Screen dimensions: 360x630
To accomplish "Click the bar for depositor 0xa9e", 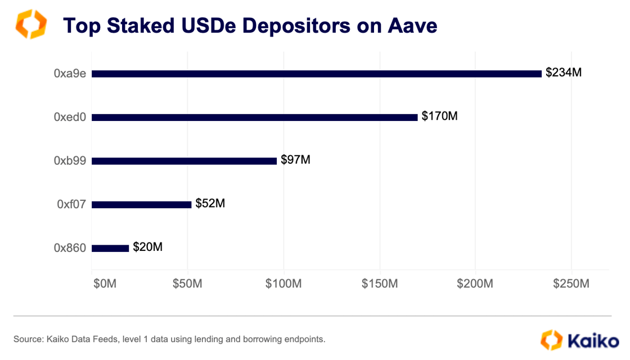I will (316, 74).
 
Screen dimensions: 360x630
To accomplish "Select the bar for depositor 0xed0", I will (254, 118).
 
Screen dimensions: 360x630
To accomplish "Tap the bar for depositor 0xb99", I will (184, 161).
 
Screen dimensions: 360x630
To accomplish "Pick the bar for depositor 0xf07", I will (141, 205).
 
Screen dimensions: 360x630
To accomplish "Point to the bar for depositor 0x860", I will (110, 248).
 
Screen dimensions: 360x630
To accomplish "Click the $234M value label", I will (564, 73).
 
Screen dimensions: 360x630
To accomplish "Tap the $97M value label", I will (295, 160).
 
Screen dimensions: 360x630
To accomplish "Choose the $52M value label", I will (210, 203).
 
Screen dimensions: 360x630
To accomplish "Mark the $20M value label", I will (148, 247).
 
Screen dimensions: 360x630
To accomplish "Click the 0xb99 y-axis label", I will (70, 161).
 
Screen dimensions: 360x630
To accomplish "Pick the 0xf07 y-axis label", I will (71, 204).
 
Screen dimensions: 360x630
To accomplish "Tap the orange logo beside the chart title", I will (31, 25).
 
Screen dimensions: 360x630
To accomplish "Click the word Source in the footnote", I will (28, 339).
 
